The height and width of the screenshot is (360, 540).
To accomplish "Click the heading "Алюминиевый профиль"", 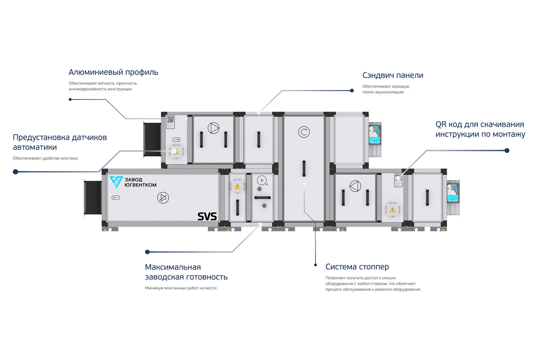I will click(113, 72).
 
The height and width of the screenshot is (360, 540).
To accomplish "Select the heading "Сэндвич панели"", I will click(393, 75).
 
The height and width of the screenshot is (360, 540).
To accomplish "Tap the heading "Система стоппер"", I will click(357, 267).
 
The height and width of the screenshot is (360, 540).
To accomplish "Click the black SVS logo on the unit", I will click(207, 216).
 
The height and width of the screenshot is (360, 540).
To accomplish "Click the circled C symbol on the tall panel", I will click(304, 132).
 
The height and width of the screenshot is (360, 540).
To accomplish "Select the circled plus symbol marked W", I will click(262, 180).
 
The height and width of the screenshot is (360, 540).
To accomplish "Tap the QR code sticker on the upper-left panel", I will click(171, 122).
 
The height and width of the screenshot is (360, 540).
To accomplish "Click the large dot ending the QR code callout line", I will click(507, 150).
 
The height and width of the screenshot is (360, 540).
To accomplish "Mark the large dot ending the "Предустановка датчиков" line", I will click(15, 172).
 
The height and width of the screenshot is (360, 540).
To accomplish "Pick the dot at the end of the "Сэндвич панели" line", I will click(352, 90).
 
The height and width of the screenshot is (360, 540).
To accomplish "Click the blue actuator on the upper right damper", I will click(375, 135).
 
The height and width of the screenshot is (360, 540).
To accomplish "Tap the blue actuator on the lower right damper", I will click(453, 193).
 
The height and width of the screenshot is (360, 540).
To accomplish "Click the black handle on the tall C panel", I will click(304, 168).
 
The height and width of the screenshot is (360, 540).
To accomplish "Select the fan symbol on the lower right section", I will click(355, 186).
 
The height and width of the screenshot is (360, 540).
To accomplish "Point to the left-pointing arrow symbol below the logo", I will click(116, 198).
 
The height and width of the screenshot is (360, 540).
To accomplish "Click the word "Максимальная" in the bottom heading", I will click(173, 267).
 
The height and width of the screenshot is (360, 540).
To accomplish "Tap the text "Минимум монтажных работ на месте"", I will click(181, 288).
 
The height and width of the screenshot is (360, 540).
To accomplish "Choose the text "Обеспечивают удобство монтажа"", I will click(45, 158).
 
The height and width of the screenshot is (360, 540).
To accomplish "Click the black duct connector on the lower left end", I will click(93, 198).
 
